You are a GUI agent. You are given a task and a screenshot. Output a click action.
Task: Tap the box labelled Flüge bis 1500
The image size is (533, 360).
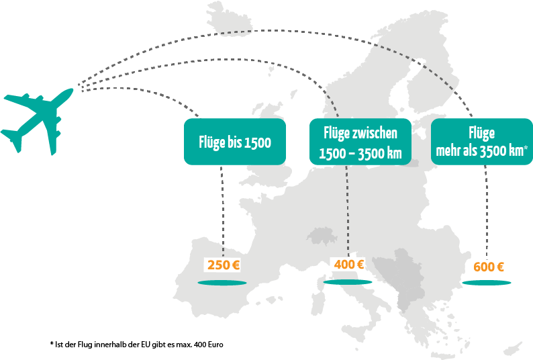[234, 142]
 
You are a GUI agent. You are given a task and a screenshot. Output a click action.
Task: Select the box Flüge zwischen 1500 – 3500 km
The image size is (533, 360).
[360, 142]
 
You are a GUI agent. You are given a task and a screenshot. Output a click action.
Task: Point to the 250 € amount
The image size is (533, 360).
[224, 265]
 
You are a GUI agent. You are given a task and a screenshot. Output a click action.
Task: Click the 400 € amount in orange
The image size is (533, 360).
[348, 265]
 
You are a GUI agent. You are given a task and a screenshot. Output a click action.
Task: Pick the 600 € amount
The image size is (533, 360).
[489, 267]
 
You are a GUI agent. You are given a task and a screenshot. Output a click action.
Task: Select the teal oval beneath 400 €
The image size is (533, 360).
[347, 283]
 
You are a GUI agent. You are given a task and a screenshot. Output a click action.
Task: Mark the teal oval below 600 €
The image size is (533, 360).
[486, 283]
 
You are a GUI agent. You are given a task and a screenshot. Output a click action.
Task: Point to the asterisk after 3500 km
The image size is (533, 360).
[526, 148]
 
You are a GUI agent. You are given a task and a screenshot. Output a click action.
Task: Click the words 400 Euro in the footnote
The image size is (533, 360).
[208, 343]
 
